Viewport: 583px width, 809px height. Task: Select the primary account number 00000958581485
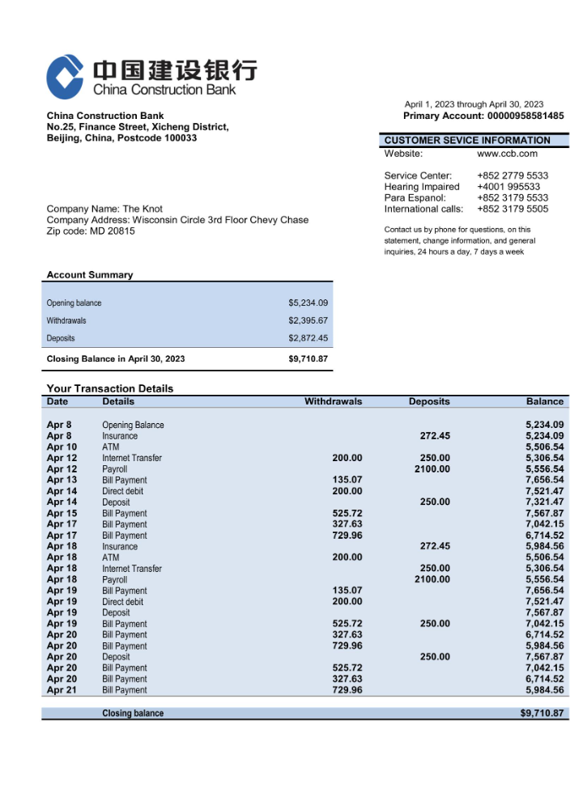point(526,116)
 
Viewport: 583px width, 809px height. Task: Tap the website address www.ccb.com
point(507,154)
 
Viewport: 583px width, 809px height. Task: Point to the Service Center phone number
point(512,176)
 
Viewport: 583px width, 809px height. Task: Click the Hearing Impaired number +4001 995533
point(508,187)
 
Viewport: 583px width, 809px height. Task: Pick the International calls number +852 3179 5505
point(512,209)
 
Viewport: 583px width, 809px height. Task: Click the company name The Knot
point(143,210)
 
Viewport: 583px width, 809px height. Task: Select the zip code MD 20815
point(112,231)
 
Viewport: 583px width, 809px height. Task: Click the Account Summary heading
point(90,275)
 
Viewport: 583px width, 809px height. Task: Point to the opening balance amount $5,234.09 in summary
point(308,303)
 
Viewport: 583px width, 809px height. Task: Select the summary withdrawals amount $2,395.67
point(308,321)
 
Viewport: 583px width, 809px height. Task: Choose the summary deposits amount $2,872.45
point(308,338)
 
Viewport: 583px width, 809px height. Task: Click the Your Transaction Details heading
point(110,388)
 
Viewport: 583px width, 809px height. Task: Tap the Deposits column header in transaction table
point(429,401)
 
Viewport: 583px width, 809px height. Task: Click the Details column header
point(118,401)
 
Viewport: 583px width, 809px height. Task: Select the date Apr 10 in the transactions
point(62,447)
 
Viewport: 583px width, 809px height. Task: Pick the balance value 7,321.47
point(544,502)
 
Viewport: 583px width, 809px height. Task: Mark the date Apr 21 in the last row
point(62,690)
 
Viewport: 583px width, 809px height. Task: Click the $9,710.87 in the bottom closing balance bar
point(542,714)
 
